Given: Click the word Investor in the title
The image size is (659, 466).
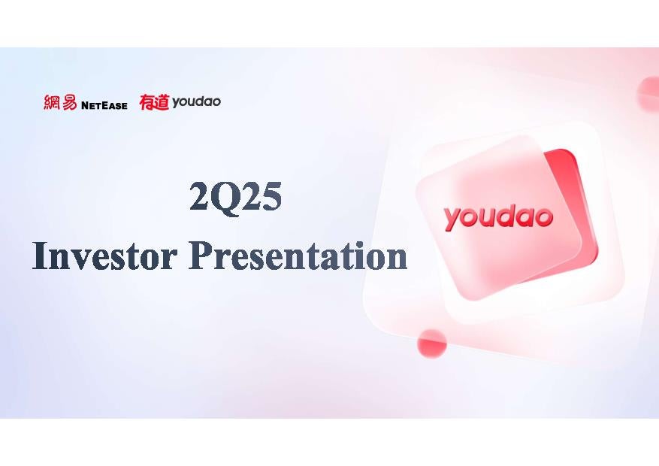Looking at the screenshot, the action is pyautogui.click(x=104, y=256).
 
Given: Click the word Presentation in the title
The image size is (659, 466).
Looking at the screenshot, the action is pyautogui.click(x=298, y=256).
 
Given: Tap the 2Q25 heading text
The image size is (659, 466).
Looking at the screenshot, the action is pyautogui.click(x=235, y=196).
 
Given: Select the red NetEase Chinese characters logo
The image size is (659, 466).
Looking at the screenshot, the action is pyautogui.click(x=60, y=102).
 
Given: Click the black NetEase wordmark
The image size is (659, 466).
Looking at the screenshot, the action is pyautogui.click(x=104, y=105).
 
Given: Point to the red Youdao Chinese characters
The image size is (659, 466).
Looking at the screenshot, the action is pyautogui.click(x=154, y=102).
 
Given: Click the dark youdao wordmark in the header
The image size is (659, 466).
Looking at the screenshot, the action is pyautogui.click(x=196, y=101).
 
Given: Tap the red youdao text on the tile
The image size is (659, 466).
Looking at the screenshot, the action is pyautogui.click(x=498, y=217).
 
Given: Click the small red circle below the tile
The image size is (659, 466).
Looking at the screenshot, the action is pyautogui.click(x=431, y=343).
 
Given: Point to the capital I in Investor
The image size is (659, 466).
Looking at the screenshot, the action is pyautogui.click(x=40, y=256).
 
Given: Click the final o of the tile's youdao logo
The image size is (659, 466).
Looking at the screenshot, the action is pyautogui.click(x=543, y=217).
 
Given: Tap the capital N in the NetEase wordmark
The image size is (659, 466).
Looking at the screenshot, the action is pyautogui.click(x=86, y=105).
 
